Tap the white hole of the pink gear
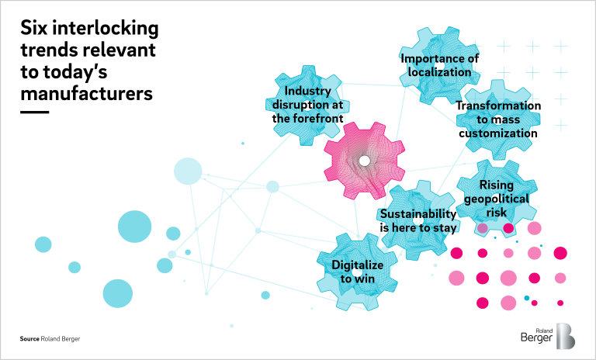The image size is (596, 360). pyautogui.click(x=364, y=161)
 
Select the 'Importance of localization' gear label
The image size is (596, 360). pyautogui.click(x=440, y=65)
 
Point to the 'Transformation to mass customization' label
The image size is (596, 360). pyautogui.click(x=497, y=119)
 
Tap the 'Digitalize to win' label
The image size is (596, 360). pyautogui.click(x=358, y=272)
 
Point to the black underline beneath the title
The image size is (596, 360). pyautogui.click(x=34, y=112)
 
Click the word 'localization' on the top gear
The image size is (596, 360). pyautogui.click(x=440, y=72)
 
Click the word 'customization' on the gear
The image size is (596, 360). pyautogui.click(x=497, y=133)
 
